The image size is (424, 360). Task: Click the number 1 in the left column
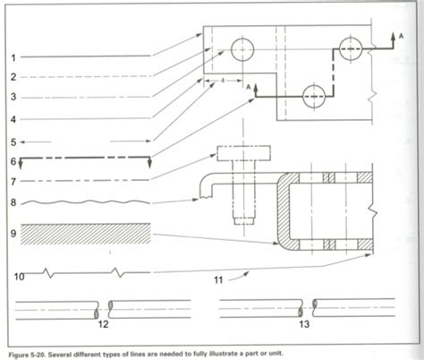[x=13, y=57]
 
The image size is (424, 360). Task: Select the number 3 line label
[x=13, y=96]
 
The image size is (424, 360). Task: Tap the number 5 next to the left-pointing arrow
[x=13, y=141]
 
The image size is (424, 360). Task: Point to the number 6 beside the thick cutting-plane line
[x=13, y=161]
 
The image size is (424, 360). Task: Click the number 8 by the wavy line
[x=13, y=203]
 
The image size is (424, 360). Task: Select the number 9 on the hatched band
[x=13, y=235]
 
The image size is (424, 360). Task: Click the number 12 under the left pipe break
[x=103, y=324]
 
